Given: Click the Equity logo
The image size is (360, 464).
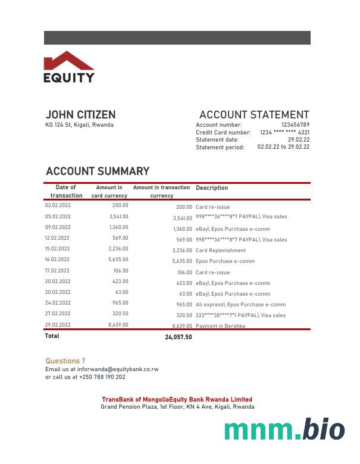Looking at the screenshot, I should point(69,67).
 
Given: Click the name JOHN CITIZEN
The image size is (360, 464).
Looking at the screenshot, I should point(80,115).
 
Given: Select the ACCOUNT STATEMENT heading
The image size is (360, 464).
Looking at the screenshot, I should point(254,115).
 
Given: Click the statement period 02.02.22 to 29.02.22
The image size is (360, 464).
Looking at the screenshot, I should point(283,147).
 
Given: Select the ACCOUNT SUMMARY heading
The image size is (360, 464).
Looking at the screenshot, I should point(98,171).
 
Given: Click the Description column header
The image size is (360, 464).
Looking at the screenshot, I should point(212,188).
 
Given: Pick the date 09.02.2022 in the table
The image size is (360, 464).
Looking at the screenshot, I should point(58,227).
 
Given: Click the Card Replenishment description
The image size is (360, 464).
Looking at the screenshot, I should point(221,250).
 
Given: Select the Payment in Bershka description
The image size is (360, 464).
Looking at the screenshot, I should point(220,326).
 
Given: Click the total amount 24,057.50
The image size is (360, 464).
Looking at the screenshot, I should point(179,337).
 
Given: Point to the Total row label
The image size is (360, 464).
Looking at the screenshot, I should point(52,336).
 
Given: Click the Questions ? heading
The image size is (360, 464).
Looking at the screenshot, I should point(65,361).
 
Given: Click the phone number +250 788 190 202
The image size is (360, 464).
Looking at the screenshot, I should point(102,377).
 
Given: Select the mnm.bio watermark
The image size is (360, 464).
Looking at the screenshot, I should point(284,429).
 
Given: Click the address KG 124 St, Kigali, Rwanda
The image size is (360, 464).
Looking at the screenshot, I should point(79,125).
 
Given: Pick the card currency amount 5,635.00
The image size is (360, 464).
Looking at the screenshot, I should point(118,259).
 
